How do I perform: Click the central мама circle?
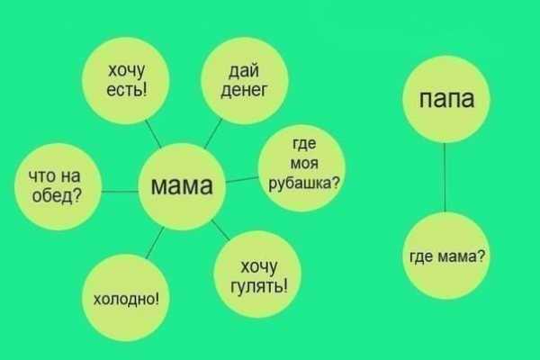pyautogui.click(x=182, y=186)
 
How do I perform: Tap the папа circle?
pyautogui.click(x=446, y=99)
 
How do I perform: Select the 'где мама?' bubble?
pyautogui.click(x=446, y=256)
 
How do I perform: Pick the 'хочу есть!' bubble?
pyautogui.click(x=126, y=80)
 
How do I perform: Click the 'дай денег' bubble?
pyautogui.click(x=244, y=80)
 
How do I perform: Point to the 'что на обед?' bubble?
pyautogui.click(x=58, y=186)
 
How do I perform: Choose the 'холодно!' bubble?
pyautogui.click(x=126, y=298)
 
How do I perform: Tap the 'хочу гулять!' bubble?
pyautogui.click(x=257, y=274)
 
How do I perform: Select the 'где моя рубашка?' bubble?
pyautogui.click(x=301, y=168)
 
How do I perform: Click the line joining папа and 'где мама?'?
pyautogui.click(x=445, y=177)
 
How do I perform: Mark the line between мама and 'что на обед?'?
pyautogui.click(x=120, y=191)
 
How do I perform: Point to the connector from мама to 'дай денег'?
pyautogui.click(x=213, y=133)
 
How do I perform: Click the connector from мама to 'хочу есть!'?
pyautogui.click(x=153, y=134)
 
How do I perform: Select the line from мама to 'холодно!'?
pyautogui.click(x=155, y=242)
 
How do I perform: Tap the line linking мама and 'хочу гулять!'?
pyautogui.click(x=220, y=229)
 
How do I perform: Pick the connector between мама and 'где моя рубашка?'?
pyautogui.click(x=242, y=180)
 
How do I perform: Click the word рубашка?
pyautogui.click(x=304, y=184)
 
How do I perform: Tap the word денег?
pyautogui.click(x=244, y=91)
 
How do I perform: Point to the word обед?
pyautogui.click(x=57, y=196)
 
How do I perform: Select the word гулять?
pyautogui.click(x=258, y=285)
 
